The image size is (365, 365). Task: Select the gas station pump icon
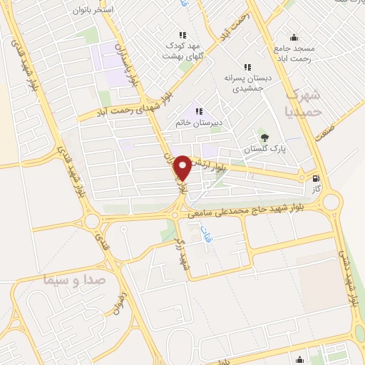[316, 179]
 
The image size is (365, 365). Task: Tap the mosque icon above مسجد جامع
[293, 38]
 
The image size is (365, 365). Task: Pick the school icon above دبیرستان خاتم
[198, 110]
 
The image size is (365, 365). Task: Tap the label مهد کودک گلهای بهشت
[184, 50]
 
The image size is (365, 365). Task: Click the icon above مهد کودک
[182, 34]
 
